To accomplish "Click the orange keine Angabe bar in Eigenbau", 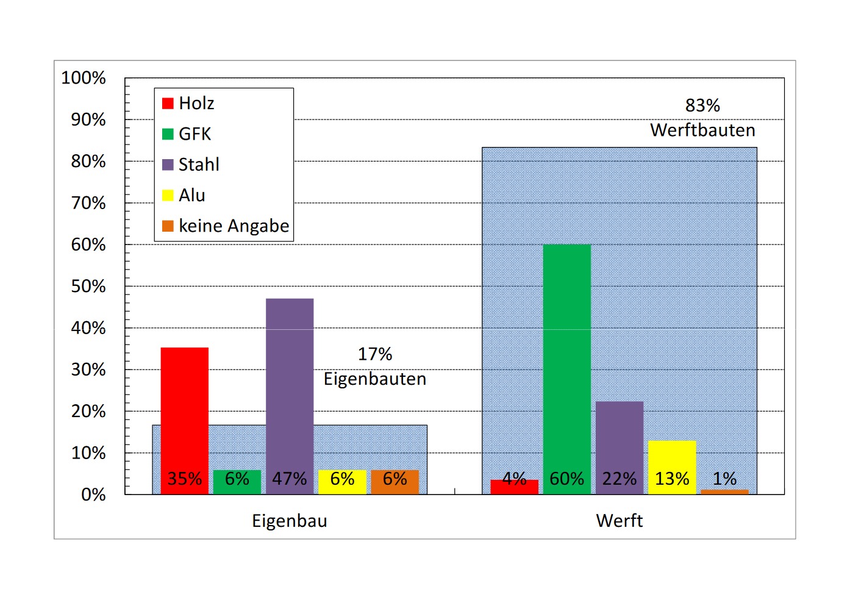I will (394, 482).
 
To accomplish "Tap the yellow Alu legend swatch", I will (168, 196).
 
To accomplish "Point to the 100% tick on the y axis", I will (84, 78).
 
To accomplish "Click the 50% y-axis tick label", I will (88, 287).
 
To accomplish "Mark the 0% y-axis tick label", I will (93, 494).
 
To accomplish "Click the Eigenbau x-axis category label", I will (290, 521).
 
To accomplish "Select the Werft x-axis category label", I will (619, 521).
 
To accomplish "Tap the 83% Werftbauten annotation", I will (702, 118).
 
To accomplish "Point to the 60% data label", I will (566, 479).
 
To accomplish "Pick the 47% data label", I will (290, 479).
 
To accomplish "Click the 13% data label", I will (672, 479).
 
